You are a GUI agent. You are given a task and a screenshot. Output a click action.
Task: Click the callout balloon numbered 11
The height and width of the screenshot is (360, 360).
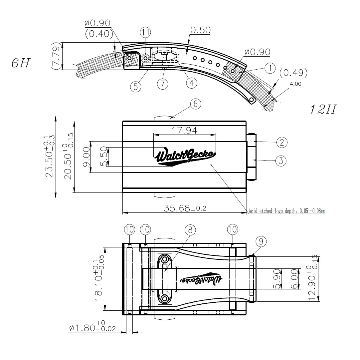tap(145, 33)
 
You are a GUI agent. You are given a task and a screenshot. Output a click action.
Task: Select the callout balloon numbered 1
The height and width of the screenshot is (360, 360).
tap(270, 68)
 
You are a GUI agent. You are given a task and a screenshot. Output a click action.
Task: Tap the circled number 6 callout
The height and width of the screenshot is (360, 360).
tap(195, 104)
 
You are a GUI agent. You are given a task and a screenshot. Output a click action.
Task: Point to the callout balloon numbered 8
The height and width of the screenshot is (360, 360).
tap(190, 230)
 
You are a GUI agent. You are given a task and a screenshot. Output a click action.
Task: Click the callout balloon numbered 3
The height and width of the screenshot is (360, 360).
tap(281, 161)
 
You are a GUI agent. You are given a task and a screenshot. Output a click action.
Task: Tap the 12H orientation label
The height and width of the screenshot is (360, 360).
tap(322, 109)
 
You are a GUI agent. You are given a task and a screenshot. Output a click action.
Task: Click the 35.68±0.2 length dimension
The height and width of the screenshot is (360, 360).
tap(185, 208)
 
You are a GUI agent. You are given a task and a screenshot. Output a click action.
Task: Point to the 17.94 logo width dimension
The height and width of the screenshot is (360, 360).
tap(184, 130)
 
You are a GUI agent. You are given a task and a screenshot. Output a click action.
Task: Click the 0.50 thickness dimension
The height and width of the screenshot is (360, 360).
tap(200, 30)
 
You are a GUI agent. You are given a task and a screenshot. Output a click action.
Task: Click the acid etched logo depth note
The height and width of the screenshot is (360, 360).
tap(287, 211)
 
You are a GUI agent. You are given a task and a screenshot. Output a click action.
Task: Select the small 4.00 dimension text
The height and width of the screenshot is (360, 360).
tap(295, 84)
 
